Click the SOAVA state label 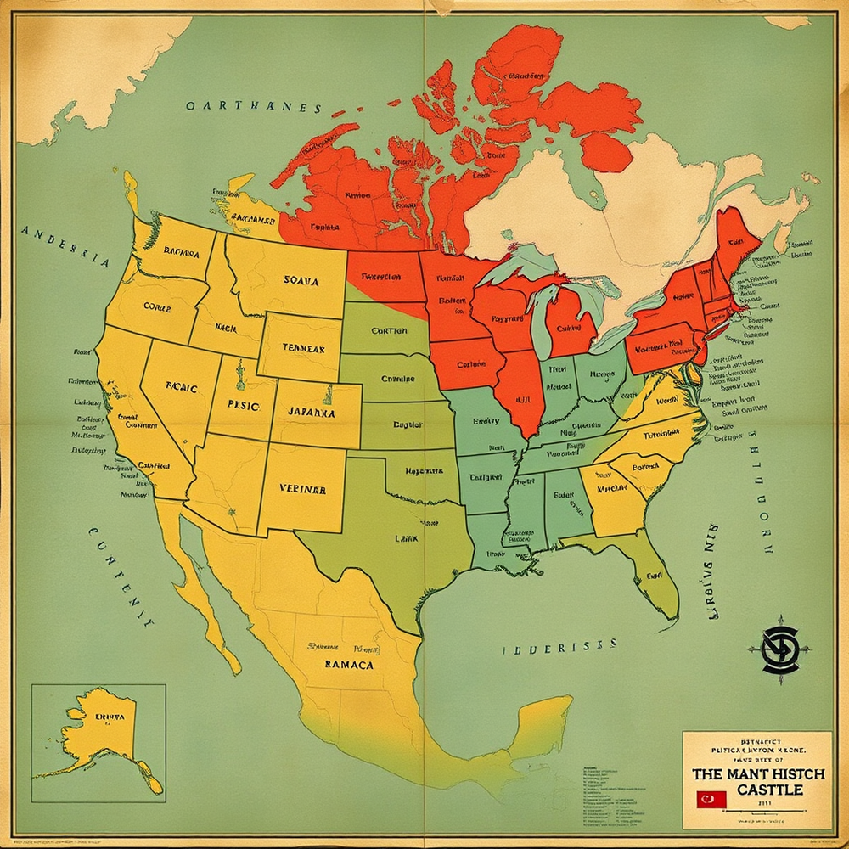301,281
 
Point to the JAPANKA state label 312,413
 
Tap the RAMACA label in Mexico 349,665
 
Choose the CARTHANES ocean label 254,108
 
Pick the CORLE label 157,306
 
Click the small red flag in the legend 707,799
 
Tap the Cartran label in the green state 390,331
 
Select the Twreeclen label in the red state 381,277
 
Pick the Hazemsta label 424,470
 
